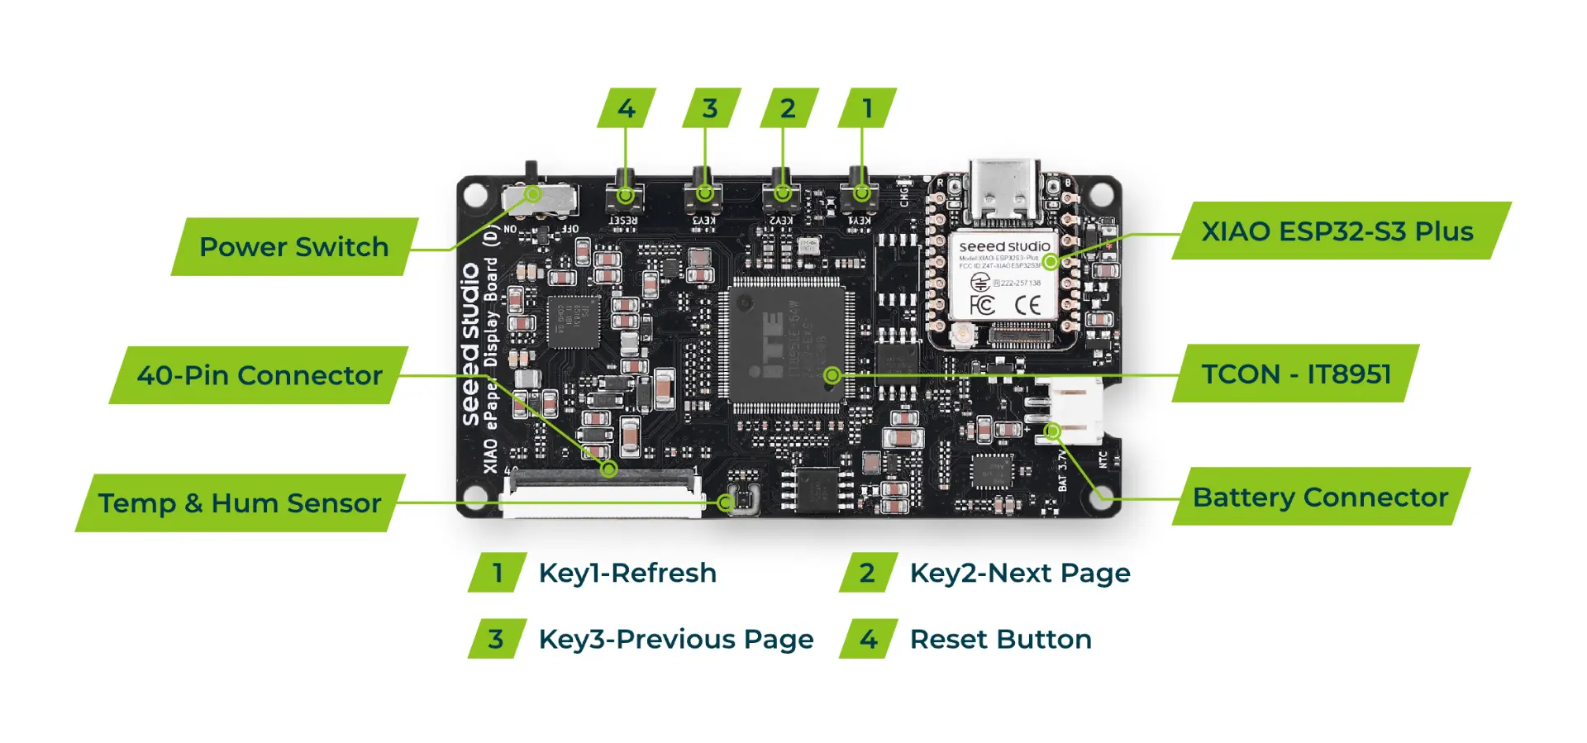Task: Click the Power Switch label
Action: [x=293, y=246]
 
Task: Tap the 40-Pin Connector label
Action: [x=260, y=375]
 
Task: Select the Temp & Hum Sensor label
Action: [x=240, y=502]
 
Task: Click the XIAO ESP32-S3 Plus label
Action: [x=1337, y=231]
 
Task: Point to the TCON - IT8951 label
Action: [x=1296, y=374]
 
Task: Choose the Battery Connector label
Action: [x=1320, y=497]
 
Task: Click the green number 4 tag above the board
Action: [x=627, y=108]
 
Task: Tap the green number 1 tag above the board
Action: [x=867, y=108]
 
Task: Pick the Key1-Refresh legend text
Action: [x=627, y=573]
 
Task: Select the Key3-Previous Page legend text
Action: [x=676, y=639]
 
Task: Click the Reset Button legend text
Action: [x=1000, y=639]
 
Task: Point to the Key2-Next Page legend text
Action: [x=1020, y=573]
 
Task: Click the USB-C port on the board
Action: [x=1004, y=190]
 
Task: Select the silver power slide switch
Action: [x=540, y=198]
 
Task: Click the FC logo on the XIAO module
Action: [x=982, y=305]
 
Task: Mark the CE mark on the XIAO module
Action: [x=1027, y=306]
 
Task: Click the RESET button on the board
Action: [x=625, y=195]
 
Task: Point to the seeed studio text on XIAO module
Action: [x=1004, y=246]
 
